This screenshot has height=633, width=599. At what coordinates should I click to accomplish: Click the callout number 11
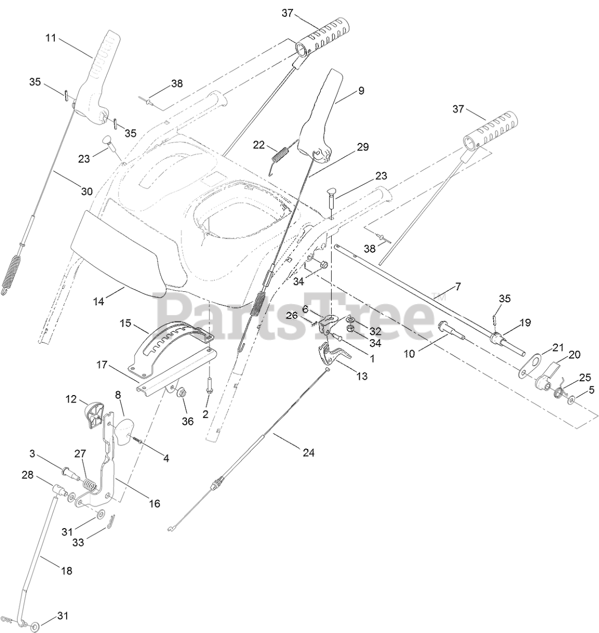tap(51, 38)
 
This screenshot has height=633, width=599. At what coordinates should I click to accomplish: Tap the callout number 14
tap(99, 300)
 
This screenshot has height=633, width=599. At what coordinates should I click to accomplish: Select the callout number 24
tap(308, 452)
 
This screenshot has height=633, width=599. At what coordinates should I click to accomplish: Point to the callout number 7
tap(458, 287)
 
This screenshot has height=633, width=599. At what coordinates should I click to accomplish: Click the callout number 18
tap(66, 570)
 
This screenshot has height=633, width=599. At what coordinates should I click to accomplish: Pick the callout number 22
tap(259, 144)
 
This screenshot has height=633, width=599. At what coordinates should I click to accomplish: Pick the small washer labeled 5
tap(571, 400)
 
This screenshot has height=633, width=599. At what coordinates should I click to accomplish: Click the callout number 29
tap(363, 147)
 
